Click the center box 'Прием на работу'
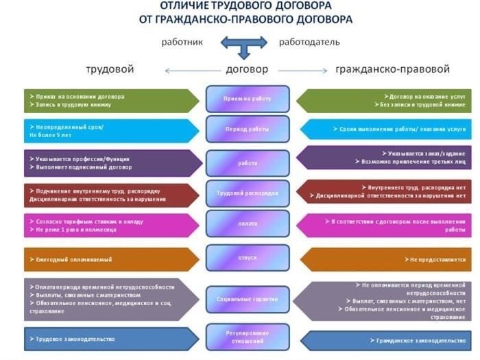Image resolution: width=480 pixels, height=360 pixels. tap(248, 99)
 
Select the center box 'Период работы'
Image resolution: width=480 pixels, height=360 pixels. tap(248, 129)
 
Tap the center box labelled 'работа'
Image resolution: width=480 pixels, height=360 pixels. tap(248, 163)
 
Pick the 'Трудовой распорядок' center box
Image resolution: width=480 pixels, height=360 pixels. tap(248, 193)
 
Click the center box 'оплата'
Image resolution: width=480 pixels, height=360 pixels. tap(248, 224)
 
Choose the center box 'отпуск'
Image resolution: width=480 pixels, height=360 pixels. tap(248, 257)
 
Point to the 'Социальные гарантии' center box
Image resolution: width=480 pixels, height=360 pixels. tap(248, 299)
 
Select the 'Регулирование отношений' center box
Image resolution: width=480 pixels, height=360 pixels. tap(248, 337)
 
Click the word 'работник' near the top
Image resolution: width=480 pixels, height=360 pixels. tap(182, 42)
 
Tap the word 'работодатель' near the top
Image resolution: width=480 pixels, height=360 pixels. tap(309, 42)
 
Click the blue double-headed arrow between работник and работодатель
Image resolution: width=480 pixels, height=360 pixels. tap(243, 45)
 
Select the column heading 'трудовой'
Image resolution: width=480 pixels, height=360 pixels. tap(110, 69)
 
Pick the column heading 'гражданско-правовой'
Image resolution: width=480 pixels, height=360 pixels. tap(392, 69)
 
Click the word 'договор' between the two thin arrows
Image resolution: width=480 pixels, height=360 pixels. tap(247, 69)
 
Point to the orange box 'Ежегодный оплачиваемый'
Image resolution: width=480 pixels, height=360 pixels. tap(110, 260)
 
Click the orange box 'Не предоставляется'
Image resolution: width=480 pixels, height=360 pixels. tap(387, 260)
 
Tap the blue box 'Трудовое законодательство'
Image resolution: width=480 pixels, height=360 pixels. tap(110, 339)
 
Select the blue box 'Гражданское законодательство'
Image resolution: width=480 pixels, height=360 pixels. tap(387, 339)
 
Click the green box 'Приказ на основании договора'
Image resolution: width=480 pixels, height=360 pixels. tap(110, 100)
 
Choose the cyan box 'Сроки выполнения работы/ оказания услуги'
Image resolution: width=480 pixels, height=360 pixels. tap(387, 129)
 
